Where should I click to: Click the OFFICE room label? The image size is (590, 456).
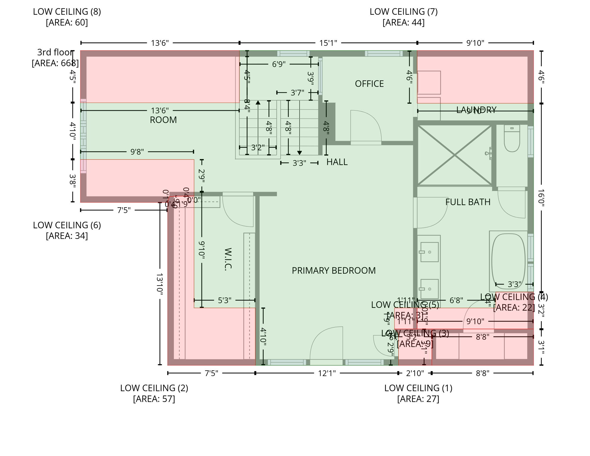click(x=369, y=84)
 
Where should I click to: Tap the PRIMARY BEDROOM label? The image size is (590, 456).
click(x=333, y=270)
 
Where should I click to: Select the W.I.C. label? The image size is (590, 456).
click(x=227, y=259)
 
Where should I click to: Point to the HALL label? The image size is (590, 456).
click(x=337, y=162)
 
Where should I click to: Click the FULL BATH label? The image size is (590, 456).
click(x=468, y=202)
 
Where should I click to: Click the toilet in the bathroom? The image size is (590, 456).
click(x=512, y=140)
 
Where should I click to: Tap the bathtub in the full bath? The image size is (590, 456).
click(x=508, y=261)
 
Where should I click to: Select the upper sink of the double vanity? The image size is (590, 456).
click(x=429, y=252)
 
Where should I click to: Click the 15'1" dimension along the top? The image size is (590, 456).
click(x=328, y=43)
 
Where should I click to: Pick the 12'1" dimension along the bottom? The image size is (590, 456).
click(x=327, y=373)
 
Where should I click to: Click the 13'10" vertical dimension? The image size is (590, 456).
click(x=160, y=284)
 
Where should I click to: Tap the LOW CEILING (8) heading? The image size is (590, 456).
click(x=67, y=12)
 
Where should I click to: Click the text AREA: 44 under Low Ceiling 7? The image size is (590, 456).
click(x=403, y=23)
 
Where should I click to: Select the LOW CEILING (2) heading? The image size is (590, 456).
click(x=154, y=388)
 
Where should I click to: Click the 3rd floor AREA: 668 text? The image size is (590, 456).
click(x=55, y=63)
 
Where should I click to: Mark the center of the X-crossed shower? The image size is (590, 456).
click(x=454, y=155)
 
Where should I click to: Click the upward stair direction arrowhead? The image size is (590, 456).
click(x=258, y=102)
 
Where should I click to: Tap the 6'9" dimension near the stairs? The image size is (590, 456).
click(x=279, y=64)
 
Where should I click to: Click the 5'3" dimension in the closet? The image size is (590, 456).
click(x=224, y=300)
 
